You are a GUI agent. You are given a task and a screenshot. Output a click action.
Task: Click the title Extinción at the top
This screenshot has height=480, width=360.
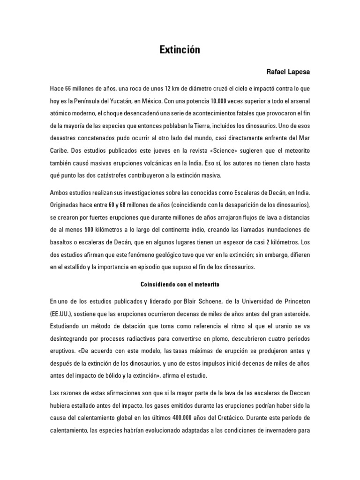pyautogui.click(x=180, y=50)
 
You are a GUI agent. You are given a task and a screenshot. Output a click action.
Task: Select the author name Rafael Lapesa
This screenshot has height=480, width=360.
pyautogui.click(x=288, y=72)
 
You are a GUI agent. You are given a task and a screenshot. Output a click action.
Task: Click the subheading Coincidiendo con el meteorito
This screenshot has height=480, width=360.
pyautogui.click(x=180, y=285)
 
